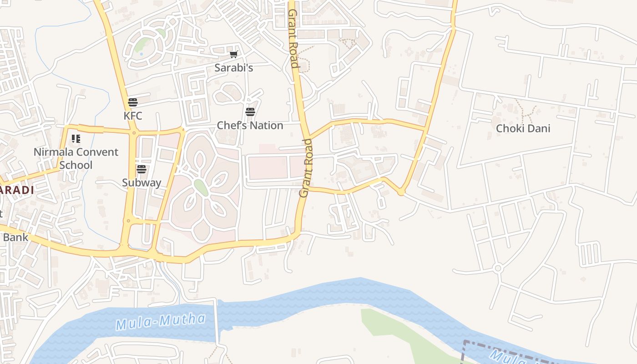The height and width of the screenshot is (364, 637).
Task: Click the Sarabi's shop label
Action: (x=233, y=68)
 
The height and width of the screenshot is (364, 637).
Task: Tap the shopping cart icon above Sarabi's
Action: (x=233, y=55)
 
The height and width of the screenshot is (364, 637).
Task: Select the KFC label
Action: (x=133, y=116)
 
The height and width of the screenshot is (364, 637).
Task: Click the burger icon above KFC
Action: (x=133, y=102)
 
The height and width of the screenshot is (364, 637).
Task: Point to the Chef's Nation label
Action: (x=250, y=126)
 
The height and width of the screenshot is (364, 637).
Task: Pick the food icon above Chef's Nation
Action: (x=250, y=112)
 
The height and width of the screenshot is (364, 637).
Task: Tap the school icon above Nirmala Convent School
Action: (x=76, y=138)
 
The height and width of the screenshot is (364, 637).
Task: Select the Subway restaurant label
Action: (x=142, y=183)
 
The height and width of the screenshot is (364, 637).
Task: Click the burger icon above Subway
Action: (x=142, y=169)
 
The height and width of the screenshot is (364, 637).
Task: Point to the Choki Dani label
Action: (x=523, y=128)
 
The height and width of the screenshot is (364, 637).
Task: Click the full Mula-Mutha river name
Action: (x=160, y=322)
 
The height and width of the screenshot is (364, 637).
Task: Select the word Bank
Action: (x=15, y=237)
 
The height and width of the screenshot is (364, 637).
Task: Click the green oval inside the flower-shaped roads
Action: (x=201, y=187)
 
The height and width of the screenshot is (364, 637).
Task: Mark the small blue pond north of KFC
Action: (x=141, y=54)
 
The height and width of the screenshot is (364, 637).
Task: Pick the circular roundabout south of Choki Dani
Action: (x=497, y=268)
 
